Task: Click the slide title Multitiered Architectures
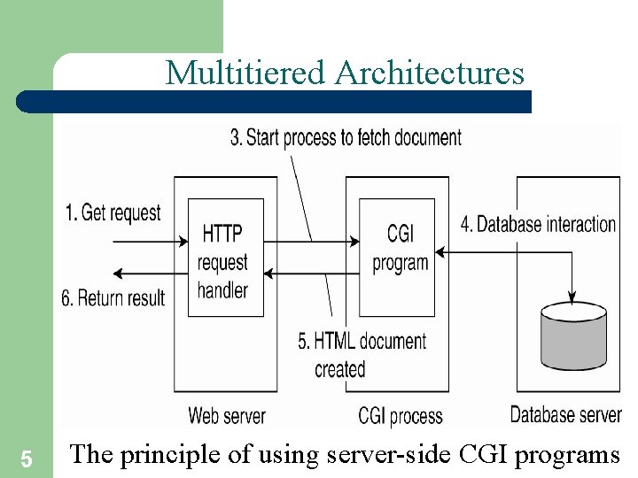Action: tap(345, 73)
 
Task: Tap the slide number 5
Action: tap(26, 459)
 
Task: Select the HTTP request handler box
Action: tap(226, 258)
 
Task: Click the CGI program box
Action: tap(397, 257)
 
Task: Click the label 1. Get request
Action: tap(113, 212)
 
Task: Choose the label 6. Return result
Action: tap(113, 297)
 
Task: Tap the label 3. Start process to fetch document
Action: tap(346, 137)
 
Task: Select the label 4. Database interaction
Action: tap(538, 224)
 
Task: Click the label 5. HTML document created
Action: tap(362, 354)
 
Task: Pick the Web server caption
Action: tap(226, 414)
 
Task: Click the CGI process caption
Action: tap(401, 414)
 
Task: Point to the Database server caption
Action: tap(565, 413)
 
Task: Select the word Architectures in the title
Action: tap(430, 73)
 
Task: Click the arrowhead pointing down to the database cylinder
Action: tap(574, 296)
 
